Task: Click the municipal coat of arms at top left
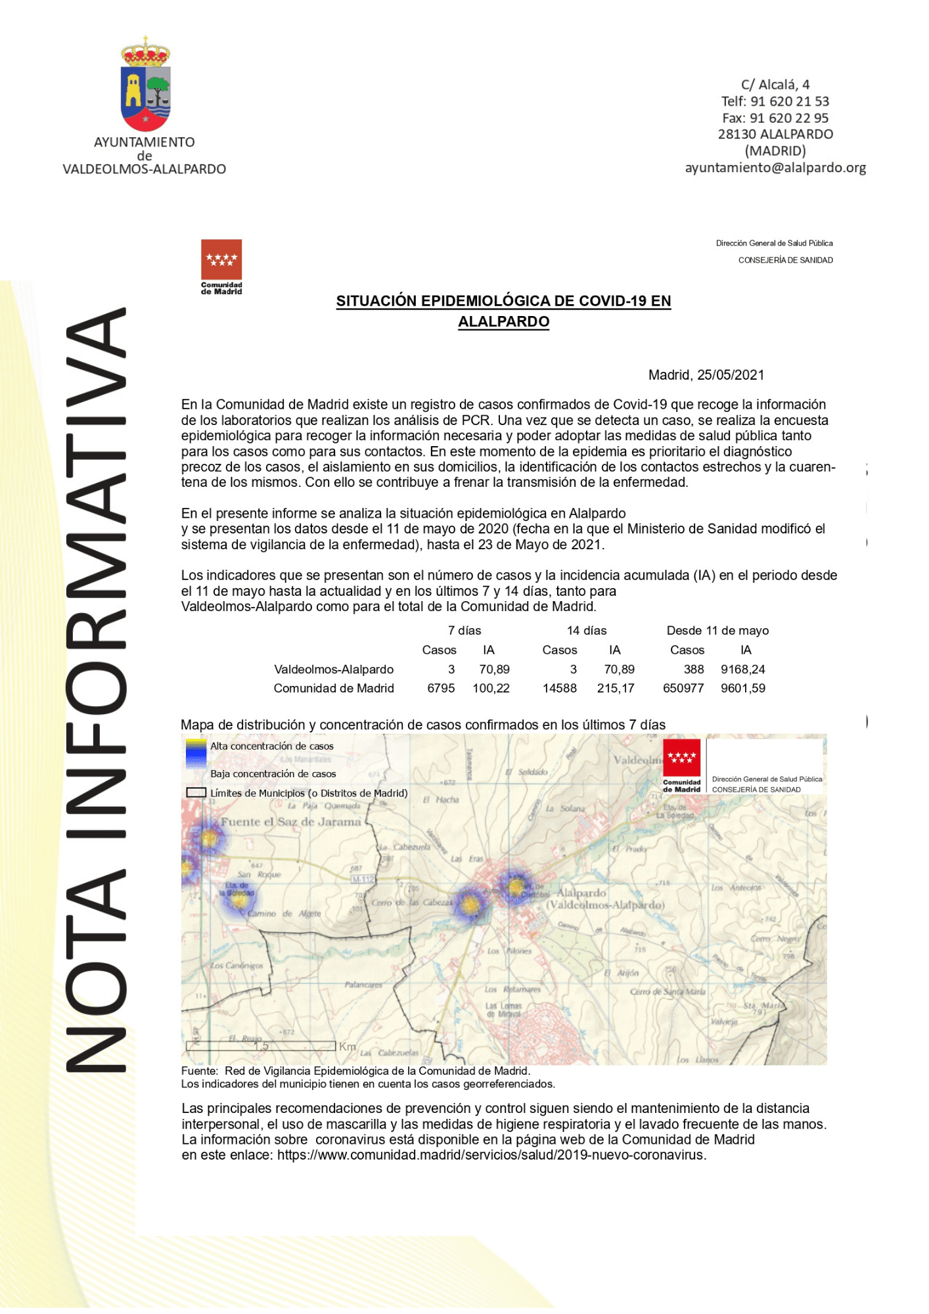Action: tap(145, 84)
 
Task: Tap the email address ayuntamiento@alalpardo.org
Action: tap(775, 168)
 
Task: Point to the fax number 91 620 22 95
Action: tap(775, 118)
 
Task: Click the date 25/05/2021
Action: tap(731, 375)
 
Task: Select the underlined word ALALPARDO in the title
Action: tap(503, 322)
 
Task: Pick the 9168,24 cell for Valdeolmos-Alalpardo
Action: tap(742, 669)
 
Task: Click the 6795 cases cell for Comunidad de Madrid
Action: tap(441, 689)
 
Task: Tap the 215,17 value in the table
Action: tap(616, 689)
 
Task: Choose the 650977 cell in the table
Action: tap(683, 689)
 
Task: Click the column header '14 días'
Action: tap(587, 631)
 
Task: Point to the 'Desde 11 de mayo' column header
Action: tap(717, 631)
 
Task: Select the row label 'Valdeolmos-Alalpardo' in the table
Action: tap(334, 669)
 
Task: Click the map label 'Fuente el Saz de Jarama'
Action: tap(291, 822)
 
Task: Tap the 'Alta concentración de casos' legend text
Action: tap(272, 746)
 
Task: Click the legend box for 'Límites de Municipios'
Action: tap(196, 793)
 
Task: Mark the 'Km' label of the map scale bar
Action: tap(347, 1046)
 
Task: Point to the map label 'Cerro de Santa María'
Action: tap(668, 991)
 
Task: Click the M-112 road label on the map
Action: tap(363, 879)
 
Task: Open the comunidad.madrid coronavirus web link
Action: tap(491, 1155)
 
